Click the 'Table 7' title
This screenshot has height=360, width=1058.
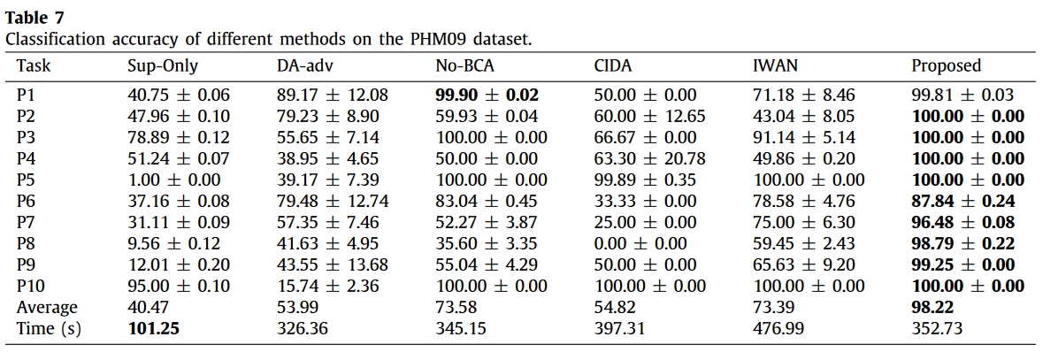coord(34,18)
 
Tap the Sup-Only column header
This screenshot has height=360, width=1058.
coord(163,66)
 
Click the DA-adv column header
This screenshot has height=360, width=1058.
coord(304,66)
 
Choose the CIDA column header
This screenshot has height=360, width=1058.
coord(613,66)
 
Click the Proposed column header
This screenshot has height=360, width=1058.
coord(946,66)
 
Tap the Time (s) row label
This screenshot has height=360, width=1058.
coord(49,328)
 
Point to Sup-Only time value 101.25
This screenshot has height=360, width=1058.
coord(154,328)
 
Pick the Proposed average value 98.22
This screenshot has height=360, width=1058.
coord(933,308)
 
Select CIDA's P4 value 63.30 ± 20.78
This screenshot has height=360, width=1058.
coord(649,158)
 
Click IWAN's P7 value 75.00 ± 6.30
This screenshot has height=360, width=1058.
coord(803,223)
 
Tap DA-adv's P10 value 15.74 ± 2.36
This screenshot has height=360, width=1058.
coord(328,286)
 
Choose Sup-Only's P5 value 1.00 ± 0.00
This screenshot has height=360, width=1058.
coord(174,180)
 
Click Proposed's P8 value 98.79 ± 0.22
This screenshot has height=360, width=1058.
coord(963,243)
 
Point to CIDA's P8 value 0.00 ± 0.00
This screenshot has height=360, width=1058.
coord(640,243)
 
